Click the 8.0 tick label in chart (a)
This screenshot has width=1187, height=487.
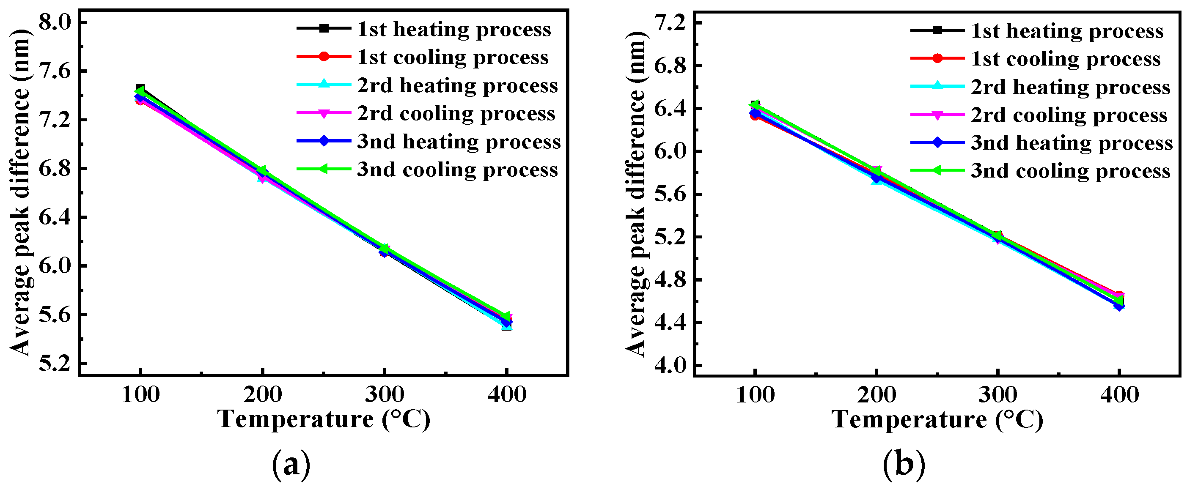point(55,22)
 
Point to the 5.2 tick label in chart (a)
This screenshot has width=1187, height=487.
point(55,364)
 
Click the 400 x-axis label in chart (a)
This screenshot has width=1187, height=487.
point(507,395)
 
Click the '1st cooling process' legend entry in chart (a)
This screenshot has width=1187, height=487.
point(453,57)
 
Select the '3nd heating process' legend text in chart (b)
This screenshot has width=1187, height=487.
point(1072,143)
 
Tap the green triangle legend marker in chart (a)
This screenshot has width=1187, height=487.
point(324,170)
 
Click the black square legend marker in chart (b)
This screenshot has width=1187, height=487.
point(937,30)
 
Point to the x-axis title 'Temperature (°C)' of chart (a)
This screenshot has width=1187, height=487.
point(324,419)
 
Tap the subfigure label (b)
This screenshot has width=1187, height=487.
point(904,465)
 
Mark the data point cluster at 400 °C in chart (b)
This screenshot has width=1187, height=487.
point(1119,300)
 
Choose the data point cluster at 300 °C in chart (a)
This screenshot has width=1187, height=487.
point(384,250)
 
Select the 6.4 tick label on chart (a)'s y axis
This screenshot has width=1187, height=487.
point(55,217)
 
